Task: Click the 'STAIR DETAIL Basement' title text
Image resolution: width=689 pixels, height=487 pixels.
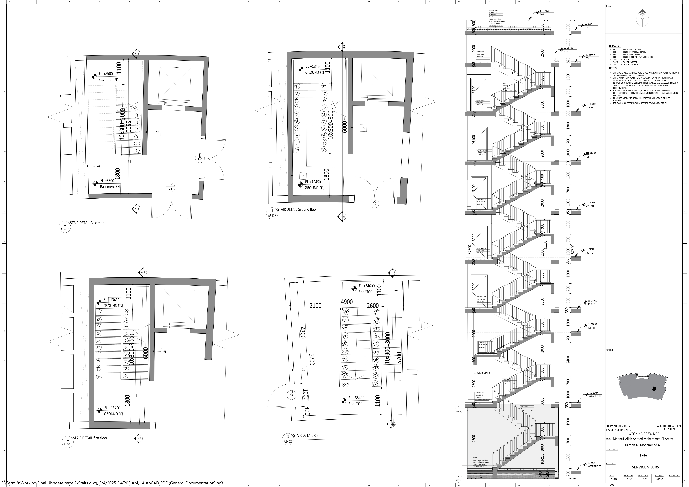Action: (x=88, y=223)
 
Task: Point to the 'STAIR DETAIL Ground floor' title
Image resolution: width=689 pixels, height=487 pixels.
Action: (x=297, y=209)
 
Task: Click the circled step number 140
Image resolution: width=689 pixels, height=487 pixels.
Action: (x=345, y=384)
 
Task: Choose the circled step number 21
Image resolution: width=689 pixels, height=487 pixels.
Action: (x=297, y=86)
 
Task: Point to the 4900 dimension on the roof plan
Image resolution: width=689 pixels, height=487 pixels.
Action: (x=347, y=302)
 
